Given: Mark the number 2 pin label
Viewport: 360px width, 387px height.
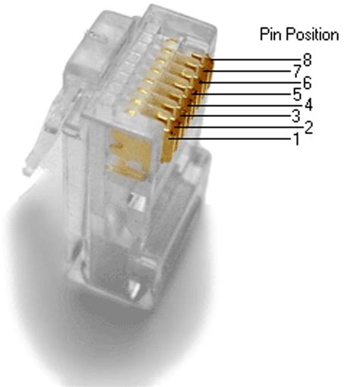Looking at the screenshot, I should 308,127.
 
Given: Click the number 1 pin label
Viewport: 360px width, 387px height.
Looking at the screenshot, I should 296,139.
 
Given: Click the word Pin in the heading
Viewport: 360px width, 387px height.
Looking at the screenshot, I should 270,33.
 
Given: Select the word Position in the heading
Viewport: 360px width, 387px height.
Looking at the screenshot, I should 311,33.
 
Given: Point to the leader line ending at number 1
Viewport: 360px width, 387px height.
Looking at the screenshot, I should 235,138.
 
